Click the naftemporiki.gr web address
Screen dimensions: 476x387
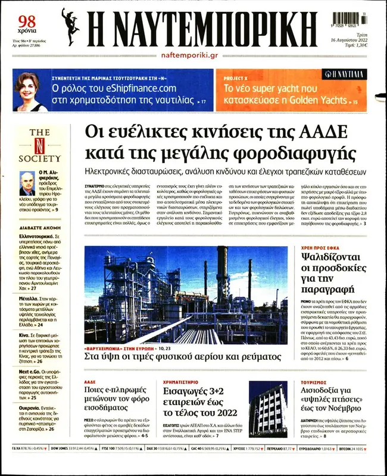189,55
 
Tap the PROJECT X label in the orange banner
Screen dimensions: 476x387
235,78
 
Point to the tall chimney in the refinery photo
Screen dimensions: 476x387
222,274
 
